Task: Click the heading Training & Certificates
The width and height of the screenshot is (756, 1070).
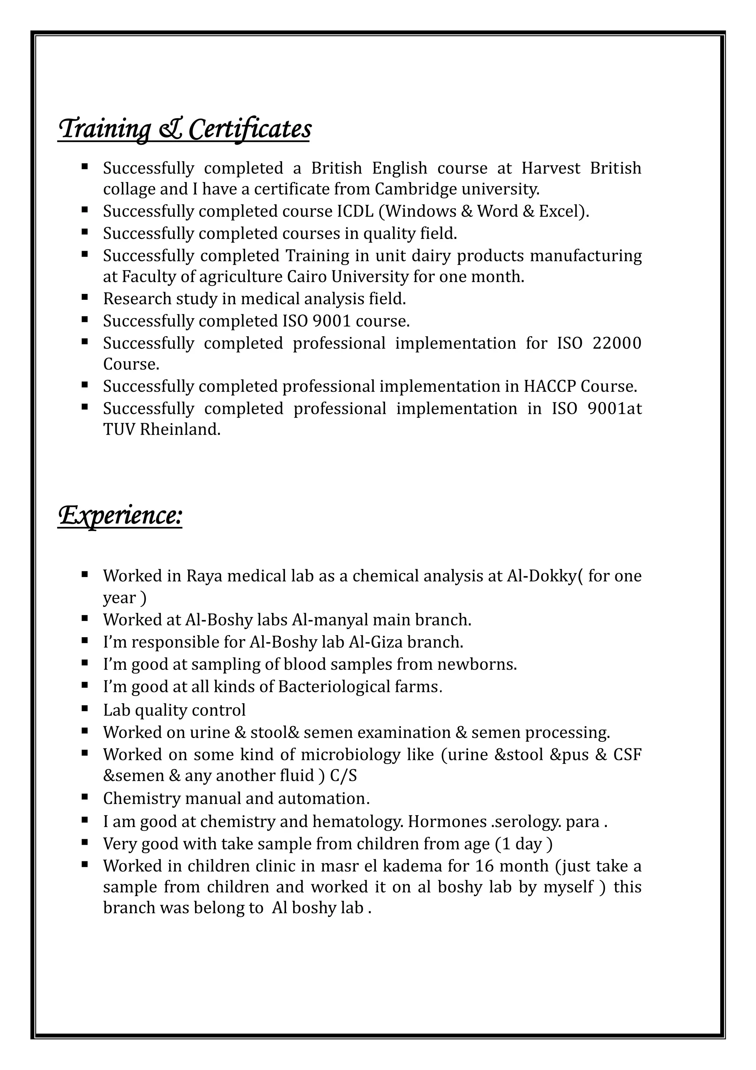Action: tap(185, 129)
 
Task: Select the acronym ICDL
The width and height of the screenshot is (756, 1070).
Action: tap(355, 212)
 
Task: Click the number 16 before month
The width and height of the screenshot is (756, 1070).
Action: tap(484, 866)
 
